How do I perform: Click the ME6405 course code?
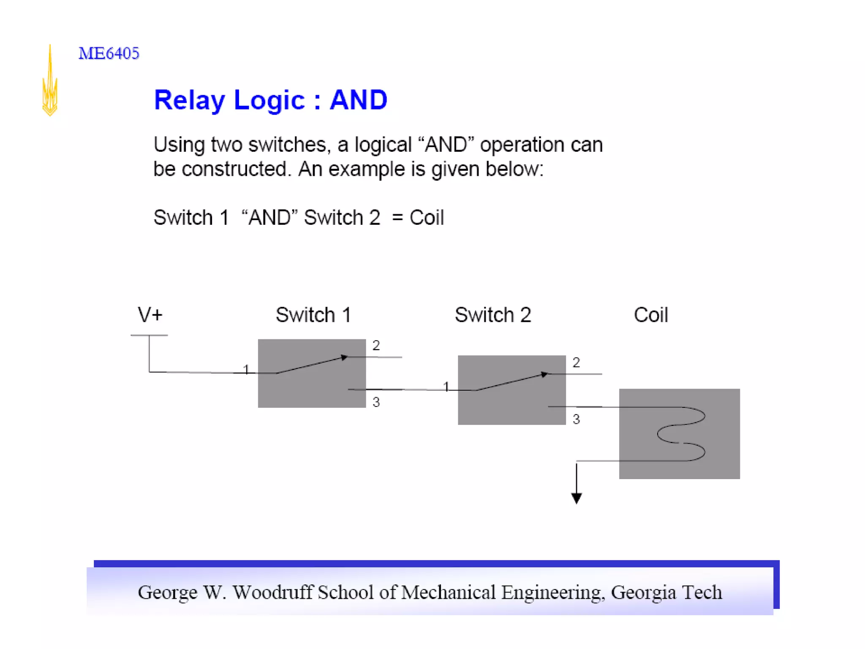pos(109,54)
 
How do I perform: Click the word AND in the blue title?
pos(358,100)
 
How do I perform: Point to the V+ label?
pos(150,315)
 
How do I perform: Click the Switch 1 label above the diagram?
pos(313,315)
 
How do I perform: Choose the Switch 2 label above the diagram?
pos(492,315)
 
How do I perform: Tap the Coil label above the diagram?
pos(650,315)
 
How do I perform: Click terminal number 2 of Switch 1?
pos(376,346)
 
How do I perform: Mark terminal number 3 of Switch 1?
pos(376,402)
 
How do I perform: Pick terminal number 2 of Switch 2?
pos(576,363)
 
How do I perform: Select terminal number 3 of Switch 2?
pos(576,419)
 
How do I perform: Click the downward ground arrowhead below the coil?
pos(577,499)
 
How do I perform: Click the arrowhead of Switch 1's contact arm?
pos(345,357)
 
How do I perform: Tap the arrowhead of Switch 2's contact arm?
pos(545,374)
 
